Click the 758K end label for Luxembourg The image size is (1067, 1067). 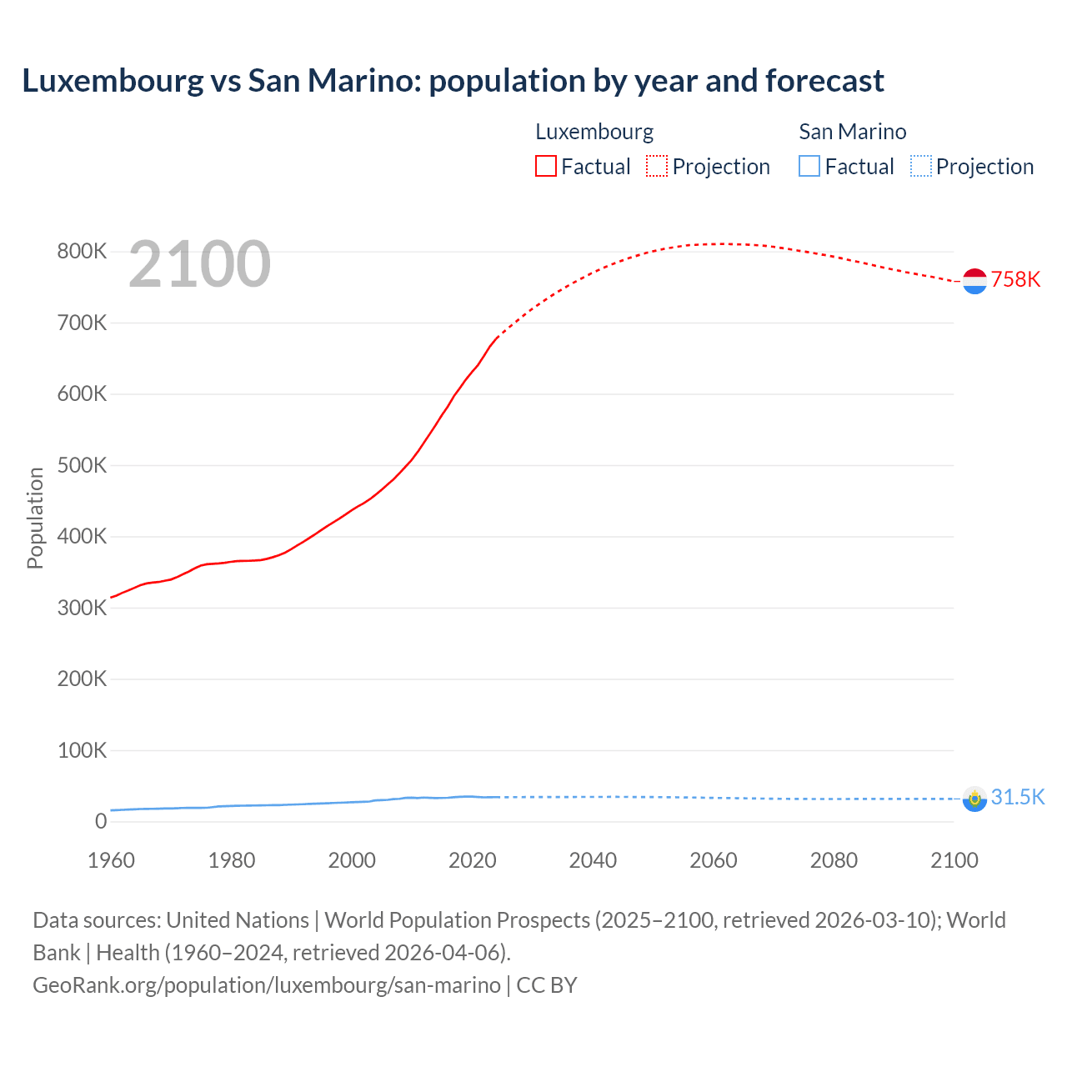[x=1015, y=279]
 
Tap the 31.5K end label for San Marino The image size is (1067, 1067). [x=1017, y=797]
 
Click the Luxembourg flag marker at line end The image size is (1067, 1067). [x=974, y=281]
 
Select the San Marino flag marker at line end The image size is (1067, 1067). [x=974, y=799]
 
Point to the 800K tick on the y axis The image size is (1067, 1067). [x=82, y=251]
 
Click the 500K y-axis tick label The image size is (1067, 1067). [x=82, y=465]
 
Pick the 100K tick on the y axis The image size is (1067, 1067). [x=82, y=750]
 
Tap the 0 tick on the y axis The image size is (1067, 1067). [x=101, y=821]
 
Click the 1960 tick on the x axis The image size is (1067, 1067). [x=111, y=860]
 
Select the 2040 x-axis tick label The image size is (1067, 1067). [x=593, y=860]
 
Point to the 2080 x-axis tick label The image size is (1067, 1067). [x=834, y=860]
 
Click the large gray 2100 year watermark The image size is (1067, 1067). [x=199, y=264]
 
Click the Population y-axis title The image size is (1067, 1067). [x=35, y=518]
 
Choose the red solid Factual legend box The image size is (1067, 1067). [x=546, y=166]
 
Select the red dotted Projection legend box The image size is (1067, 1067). [x=657, y=166]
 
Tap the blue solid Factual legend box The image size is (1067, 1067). [x=809, y=166]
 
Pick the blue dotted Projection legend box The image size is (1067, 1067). [x=920, y=166]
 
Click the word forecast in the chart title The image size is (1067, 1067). [x=824, y=81]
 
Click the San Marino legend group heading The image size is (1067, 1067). [x=852, y=132]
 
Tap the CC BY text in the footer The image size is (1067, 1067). [x=547, y=984]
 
